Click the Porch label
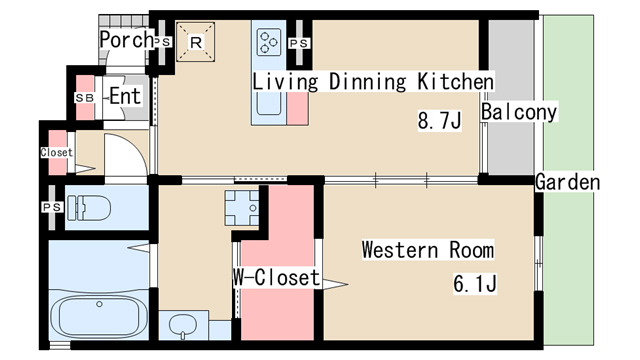[126, 40]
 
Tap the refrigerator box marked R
[196, 42]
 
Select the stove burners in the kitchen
[269, 42]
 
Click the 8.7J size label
[439, 120]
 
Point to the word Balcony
[519, 112]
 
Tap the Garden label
[567, 182]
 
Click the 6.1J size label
[475, 284]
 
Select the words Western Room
[428, 250]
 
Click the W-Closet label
[276, 278]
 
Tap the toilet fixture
[89, 208]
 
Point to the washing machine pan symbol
[242, 208]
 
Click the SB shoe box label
[84, 98]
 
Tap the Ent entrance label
[125, 96]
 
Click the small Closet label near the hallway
[57, 152]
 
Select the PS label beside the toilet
[52, 207]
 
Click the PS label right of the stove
[299, 43]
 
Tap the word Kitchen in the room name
[455, 82]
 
